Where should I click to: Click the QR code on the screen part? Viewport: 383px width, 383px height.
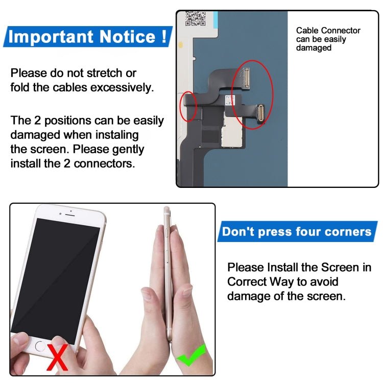196,19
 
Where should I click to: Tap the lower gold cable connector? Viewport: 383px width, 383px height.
260,112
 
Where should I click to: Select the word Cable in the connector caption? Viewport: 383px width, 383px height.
307,31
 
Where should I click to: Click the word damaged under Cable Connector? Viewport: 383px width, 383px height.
314,48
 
